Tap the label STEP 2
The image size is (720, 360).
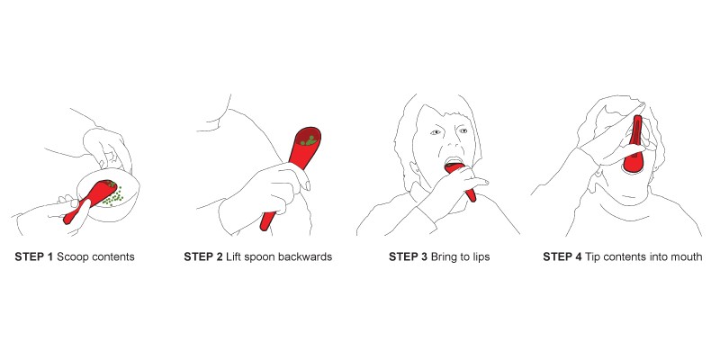coord(203,256)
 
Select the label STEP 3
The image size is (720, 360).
coord(407,256)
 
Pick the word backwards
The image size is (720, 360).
coord(304,256)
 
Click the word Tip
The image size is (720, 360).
coord(592,256)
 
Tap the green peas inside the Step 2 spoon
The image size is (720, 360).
coord(309,139)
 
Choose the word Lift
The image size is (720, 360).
coord(234,256)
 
